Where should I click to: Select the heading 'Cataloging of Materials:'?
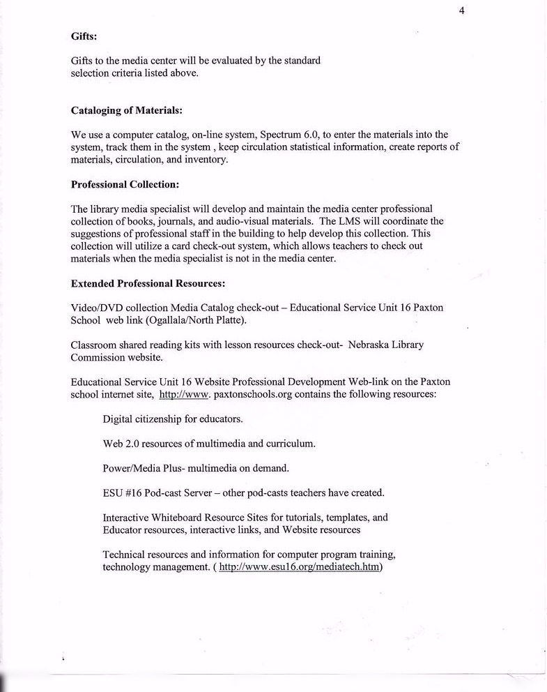(x=127, y=110)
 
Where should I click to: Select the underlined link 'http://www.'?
(x=183, y=394)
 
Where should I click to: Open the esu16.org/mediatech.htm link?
(x=300, y=567)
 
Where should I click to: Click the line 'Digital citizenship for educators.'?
(x=173, y=419)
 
